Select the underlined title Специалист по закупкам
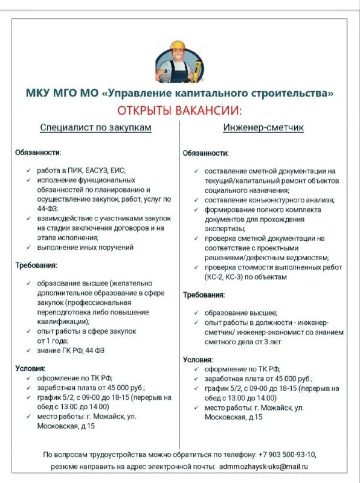pyautogui.click(x=95, y=128)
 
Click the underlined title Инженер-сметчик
pyautogui.click(x=264, y=128)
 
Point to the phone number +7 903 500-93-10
pyautogui.click(x=287, y=454)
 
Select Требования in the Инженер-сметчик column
pyautogui.click(x=204, y=295)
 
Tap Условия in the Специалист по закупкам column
pyautogui.click(x=30, y=368)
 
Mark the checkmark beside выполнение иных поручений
pyautogui.click(x=28, y=248)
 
